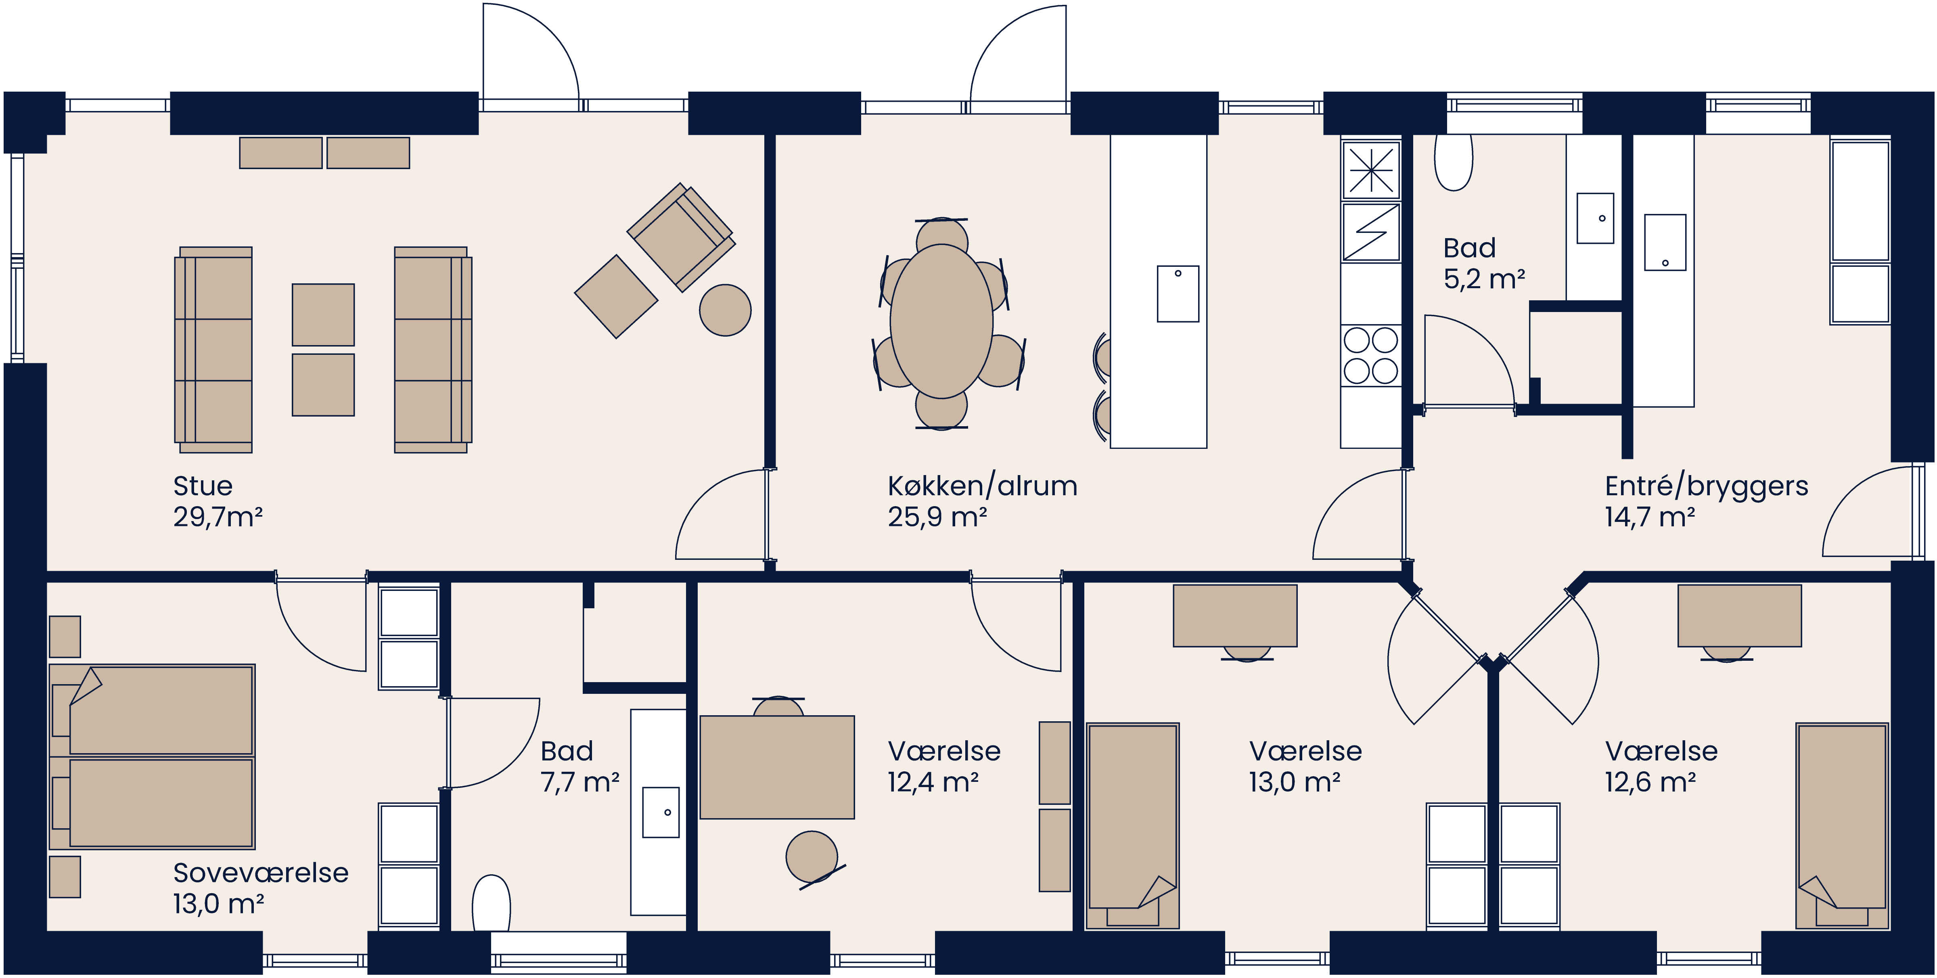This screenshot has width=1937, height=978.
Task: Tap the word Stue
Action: point(202,486)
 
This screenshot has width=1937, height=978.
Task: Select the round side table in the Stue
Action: point(725,310)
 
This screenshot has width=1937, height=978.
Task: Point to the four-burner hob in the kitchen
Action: point(1370,355)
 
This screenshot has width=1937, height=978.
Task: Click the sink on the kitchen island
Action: point(1178,293)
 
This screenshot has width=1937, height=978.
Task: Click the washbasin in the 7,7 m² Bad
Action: point(660,813)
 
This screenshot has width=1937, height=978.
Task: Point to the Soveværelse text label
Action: point(260,873)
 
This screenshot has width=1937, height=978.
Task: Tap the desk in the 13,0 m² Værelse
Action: point(1235,616)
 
